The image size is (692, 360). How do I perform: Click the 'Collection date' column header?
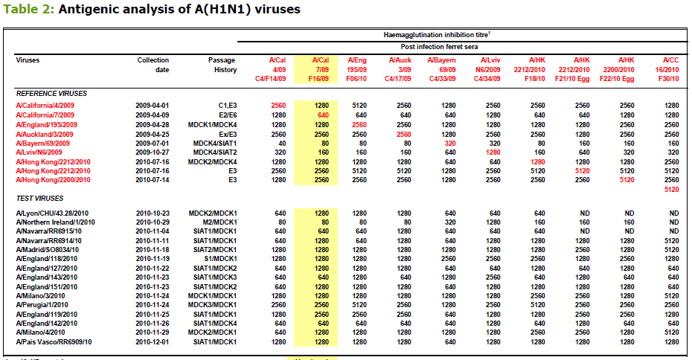(153, 64)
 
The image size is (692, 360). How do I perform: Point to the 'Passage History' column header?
(222, 64)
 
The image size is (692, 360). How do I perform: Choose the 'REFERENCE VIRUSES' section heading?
(51, 94)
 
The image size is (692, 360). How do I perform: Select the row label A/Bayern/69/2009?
(45, 144)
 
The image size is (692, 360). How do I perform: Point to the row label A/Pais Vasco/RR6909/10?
(54, 341)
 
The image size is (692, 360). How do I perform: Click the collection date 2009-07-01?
(153, 144)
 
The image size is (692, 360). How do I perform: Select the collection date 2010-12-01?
(153, 341)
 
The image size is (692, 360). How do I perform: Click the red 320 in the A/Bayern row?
(449, 144)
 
